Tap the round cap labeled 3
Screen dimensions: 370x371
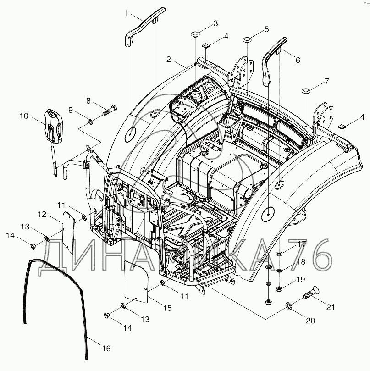(195, 34)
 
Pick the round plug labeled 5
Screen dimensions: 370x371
(247, 39)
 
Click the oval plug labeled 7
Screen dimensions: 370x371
(306, 91)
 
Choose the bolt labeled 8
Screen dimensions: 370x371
(109, 111)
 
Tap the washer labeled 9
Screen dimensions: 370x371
(90, 122)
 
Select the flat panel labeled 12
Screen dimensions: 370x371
(69, 233)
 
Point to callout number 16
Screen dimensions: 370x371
(106, 348)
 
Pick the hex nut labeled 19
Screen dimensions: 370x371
(279, 288)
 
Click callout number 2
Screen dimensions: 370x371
(168, 59)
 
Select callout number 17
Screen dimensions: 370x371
(302, 244)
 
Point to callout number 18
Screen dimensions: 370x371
(301, 262)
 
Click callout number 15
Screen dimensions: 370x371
(167, 308)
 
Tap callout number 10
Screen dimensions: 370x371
(24, 116)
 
